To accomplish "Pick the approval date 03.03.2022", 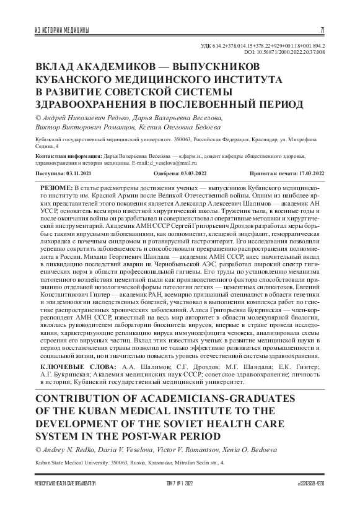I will pos(191,175).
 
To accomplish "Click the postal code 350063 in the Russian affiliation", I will pos(165,141).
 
